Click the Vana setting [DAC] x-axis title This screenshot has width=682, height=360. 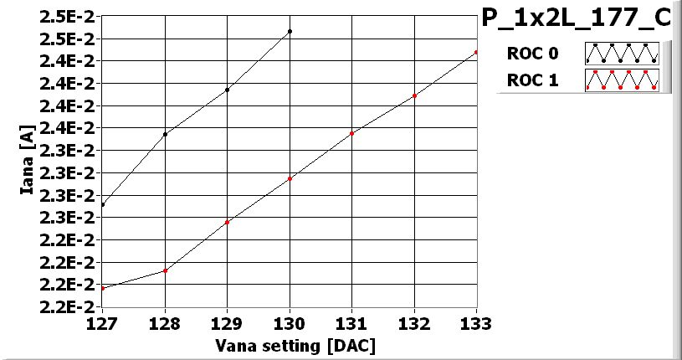click(x=295, y=345)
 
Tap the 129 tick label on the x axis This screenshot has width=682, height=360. click(x=228, y=322)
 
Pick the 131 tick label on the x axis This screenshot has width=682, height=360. click(x=352, y=322)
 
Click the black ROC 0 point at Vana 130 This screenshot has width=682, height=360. click(x=290, y=31)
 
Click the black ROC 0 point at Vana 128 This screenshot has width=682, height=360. click(x=166, y=134)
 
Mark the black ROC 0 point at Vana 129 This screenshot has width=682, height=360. click(x=228, y=90)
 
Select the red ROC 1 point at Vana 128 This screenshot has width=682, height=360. click(x=166, y=270)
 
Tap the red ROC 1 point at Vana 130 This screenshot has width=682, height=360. click(x=290, y=178)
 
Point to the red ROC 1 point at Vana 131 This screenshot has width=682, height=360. click(x=352, y=133)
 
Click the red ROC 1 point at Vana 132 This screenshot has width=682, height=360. click(x=414, y=95)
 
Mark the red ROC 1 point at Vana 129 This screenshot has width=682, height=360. click(x=228, y=222)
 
